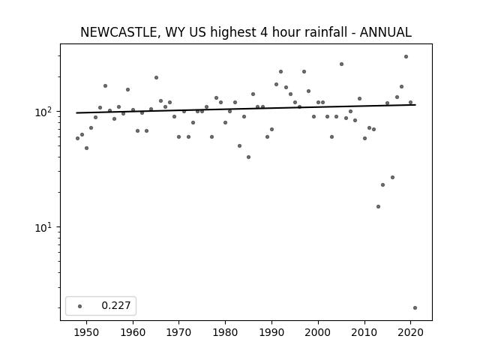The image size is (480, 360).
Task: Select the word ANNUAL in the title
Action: click(x=385, y=32)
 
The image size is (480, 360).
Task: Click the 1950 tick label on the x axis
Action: click(x=87, y=332)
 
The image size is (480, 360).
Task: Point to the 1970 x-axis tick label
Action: click(x=179, y=332)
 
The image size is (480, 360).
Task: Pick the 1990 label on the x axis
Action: click(x=271, y=332)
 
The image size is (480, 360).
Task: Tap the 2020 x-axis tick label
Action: click(x=410, y=332)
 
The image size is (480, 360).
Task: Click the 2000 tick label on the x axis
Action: click(x=318, y=332)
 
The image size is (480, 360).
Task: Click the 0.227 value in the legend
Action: click(x=116, y=305)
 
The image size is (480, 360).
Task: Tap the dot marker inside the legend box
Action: click(x=80, y=306)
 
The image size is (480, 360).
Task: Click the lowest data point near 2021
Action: click(x=415, y=308)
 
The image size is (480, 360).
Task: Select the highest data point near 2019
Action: click(x=406, y=57)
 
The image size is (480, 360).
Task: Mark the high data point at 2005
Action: click(x=341, y=64)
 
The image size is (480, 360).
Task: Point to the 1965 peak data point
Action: click(x=156, y=78)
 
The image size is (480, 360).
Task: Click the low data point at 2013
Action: click(x=378, y=207)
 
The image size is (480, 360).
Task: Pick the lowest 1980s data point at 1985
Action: click(x=248, y=157)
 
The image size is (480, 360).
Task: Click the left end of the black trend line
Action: click(x=76, y=113)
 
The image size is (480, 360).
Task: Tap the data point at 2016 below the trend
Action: click(x=392, y=178)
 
